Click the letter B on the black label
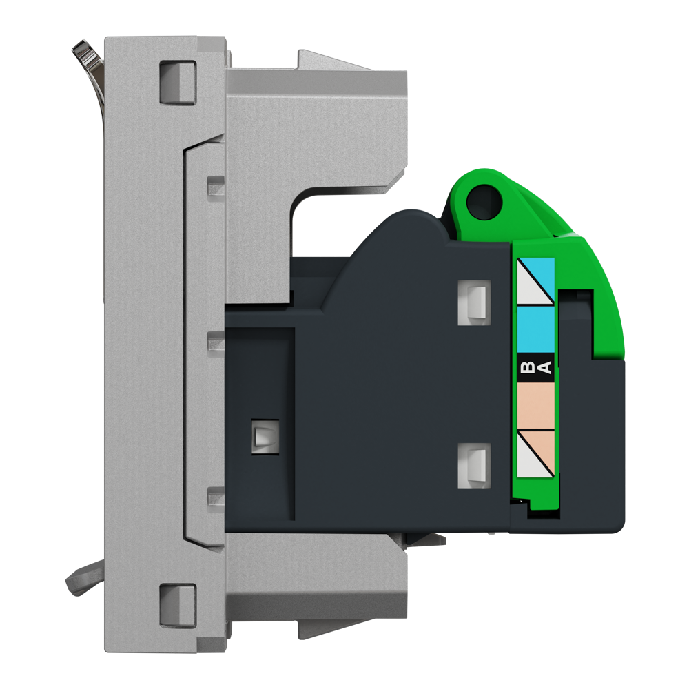pos(528,367)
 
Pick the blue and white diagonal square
pos(535,281)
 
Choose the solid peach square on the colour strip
pos(535,406)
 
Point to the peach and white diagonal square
pos(535,453)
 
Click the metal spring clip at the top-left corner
pos(88,66)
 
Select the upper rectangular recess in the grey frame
pos(178,83)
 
